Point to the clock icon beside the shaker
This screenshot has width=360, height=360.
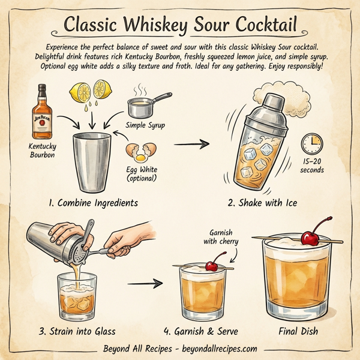pyautogui.click(x=311, y=143)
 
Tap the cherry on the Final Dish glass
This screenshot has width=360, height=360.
pyautogui.click(x=310, y=237)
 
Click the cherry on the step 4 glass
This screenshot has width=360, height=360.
pyautogui.click(x=212, y=265)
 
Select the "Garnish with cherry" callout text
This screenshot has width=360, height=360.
pyautogui.click(x=224, y=236)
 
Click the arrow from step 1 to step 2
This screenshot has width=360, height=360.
pyautogui.click(x=196, y=144)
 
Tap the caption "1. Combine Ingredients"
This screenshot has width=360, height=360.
pyautogui.click(x=92, y=203)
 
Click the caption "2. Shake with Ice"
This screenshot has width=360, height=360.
pyautogui.click(x=262, y=203)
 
